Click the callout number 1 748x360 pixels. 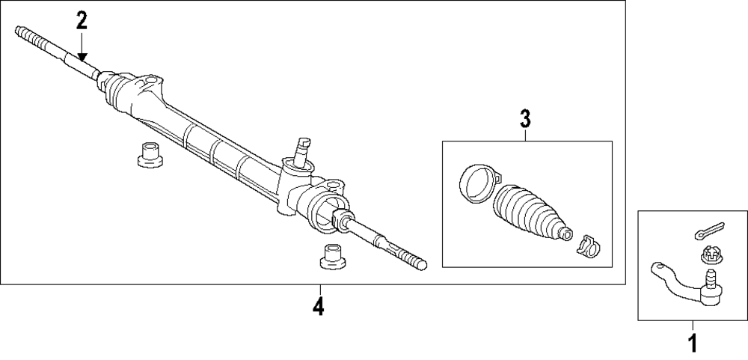coord(692,344)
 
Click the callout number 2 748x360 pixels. coord(82,20)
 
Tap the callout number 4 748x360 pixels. coord(319,306)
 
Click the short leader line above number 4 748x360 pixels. coord(319,291)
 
